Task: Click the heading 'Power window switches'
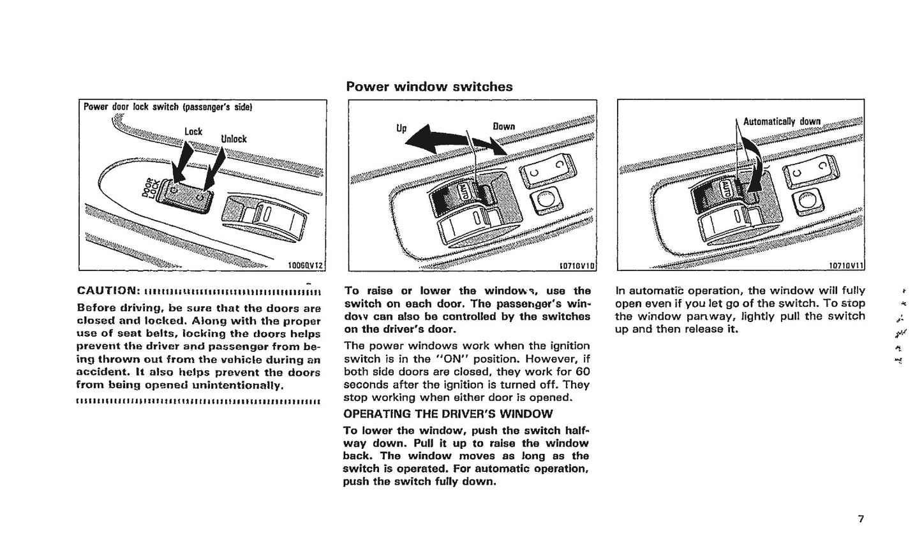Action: [x=429, y=87]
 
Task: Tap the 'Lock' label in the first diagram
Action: [x=193, y=131]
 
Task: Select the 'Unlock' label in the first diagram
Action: [x=234, y=139]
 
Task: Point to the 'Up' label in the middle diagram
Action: [x=401, y=128]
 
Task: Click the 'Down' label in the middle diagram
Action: [x=503, y=126]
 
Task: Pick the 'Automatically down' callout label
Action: [x=782, y=122]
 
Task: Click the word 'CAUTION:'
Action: [x=108, y=291]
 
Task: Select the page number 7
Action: [x=861, y=518]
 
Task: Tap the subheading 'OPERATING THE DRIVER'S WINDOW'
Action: [x=448, y=414]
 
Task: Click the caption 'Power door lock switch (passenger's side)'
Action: [x=168, y=107]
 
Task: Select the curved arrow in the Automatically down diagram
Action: [x=757, y=167]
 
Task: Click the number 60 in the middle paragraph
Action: [x=583, y=372]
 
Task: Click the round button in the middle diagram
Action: [x=546, y=201]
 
